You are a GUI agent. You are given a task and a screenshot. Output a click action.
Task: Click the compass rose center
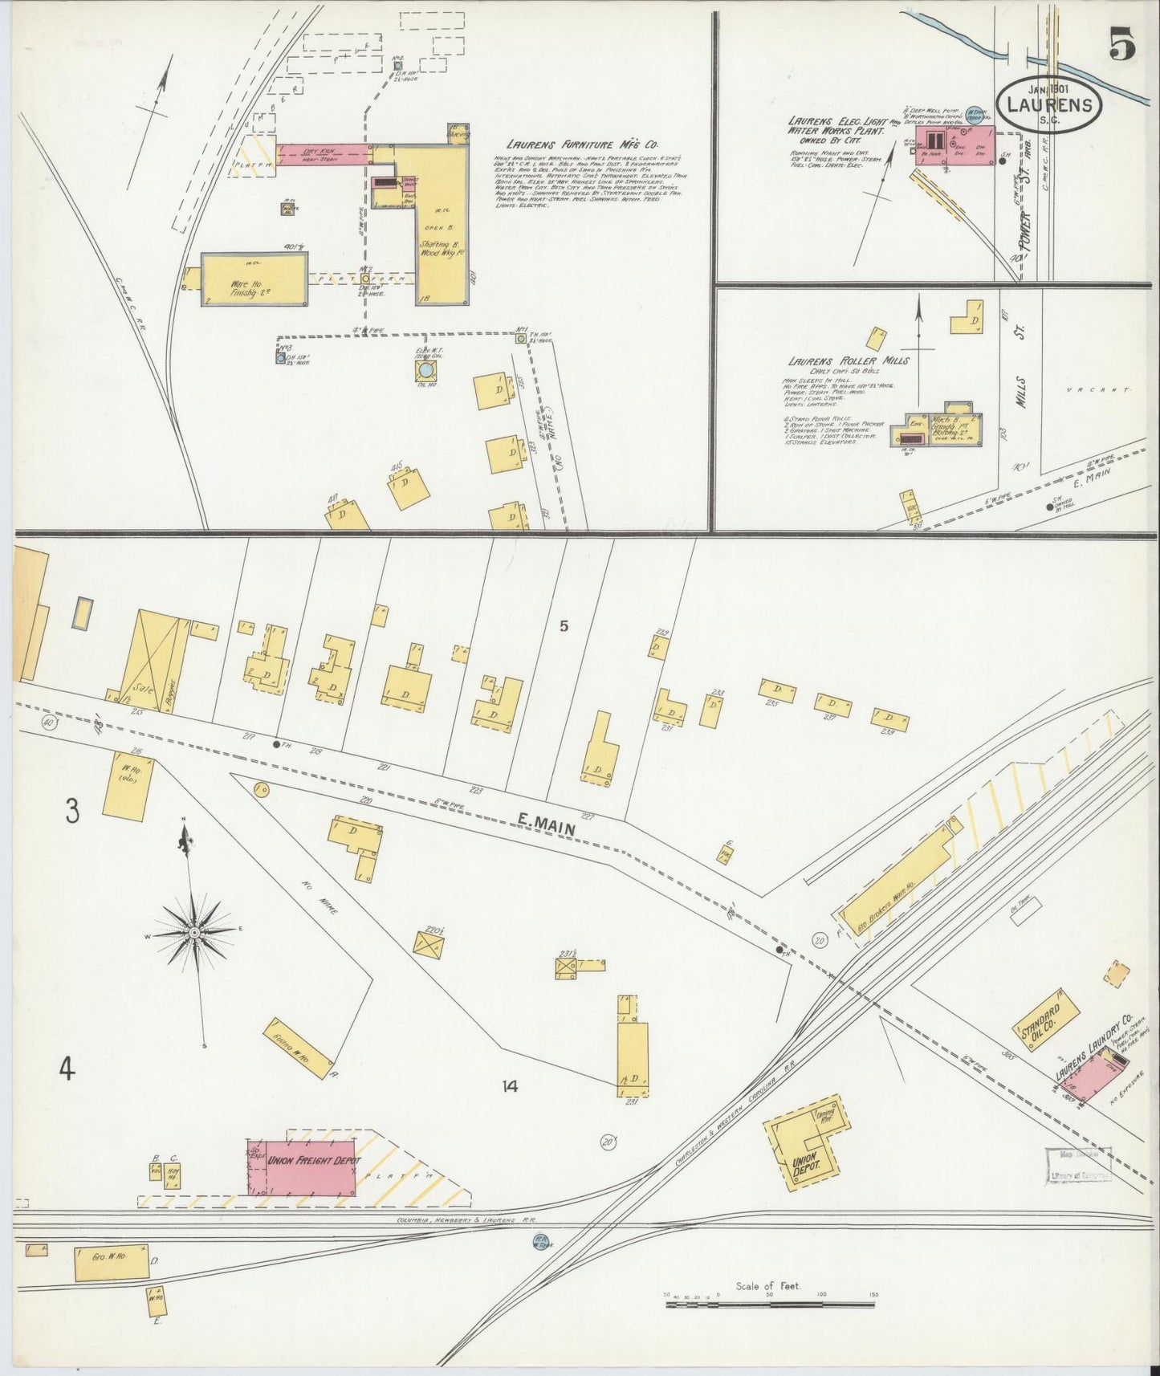coord(193,933)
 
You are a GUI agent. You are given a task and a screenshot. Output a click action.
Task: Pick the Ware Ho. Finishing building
coord(254,279)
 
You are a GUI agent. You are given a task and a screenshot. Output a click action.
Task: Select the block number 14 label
coord(508,1087)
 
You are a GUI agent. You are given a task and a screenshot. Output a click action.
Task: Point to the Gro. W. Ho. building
coord(112,1263)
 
